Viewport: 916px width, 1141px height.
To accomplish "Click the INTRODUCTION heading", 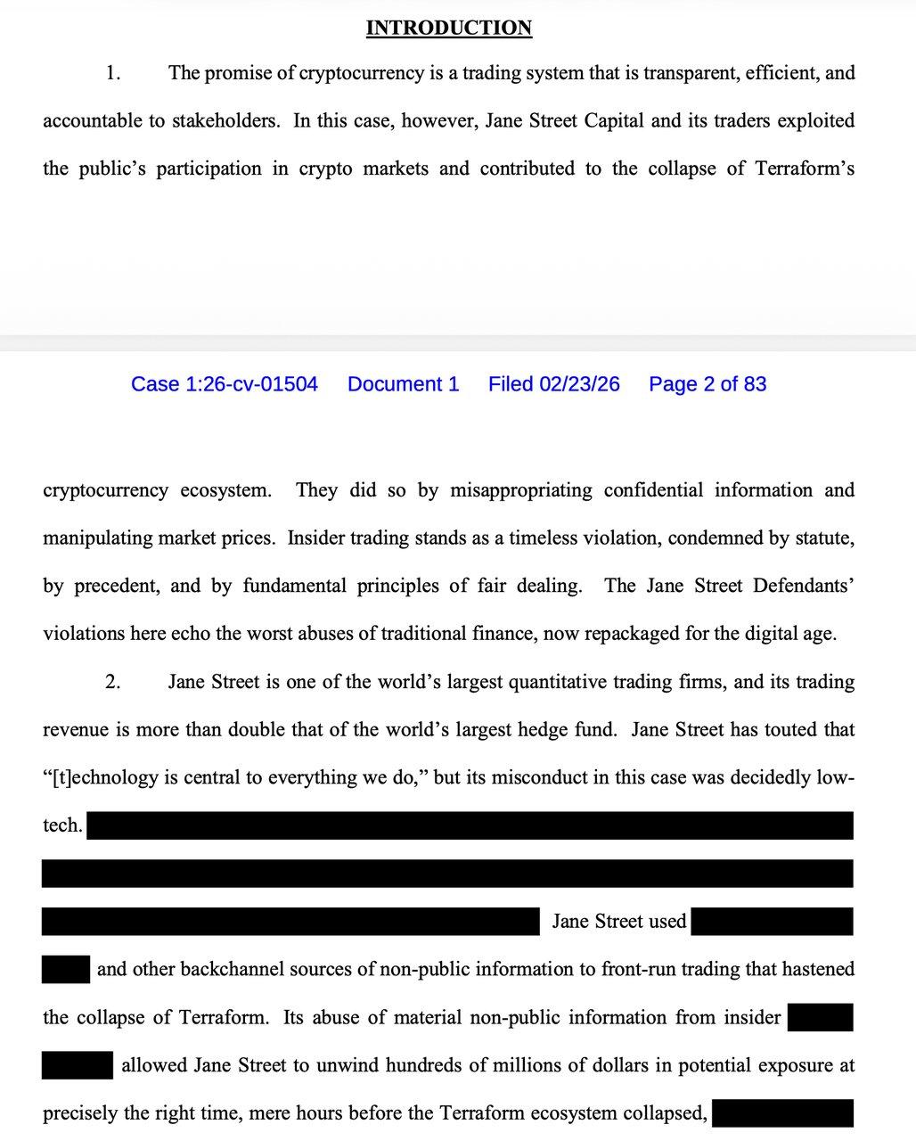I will [449, 28].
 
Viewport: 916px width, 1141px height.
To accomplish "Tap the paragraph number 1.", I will [112, 73].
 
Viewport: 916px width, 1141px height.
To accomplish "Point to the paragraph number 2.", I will [112, 683].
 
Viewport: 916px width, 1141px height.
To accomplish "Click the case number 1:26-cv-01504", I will [224, 384].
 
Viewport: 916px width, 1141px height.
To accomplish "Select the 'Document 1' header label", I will [403, 384].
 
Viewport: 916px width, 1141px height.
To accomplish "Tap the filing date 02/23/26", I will [553, 384].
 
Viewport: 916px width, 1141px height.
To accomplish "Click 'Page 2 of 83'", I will [707, 384].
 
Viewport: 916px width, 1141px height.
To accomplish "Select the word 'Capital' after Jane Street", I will [613, 120].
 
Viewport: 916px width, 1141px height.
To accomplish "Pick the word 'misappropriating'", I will [521, 490].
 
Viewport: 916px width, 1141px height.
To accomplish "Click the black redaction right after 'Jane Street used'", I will [772, 922].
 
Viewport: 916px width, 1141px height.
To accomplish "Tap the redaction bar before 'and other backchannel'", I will [66, 969].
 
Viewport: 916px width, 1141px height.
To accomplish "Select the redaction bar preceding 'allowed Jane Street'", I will [77, 1065].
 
